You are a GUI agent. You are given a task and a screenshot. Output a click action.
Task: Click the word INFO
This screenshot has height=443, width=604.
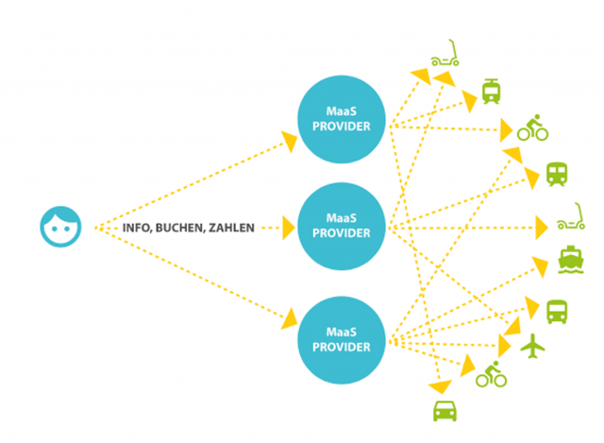[138, 228]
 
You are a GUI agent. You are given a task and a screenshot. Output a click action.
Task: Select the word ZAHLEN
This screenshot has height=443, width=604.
[231, 228]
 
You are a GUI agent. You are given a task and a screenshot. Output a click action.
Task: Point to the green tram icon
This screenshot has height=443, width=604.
[491, 91]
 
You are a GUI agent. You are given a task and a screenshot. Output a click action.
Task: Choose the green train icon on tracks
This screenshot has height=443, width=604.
[557, 174]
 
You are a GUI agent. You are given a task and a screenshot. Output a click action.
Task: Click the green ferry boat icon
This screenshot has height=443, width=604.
[570, 258]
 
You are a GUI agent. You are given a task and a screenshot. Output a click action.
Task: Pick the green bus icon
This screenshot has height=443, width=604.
[557, 310]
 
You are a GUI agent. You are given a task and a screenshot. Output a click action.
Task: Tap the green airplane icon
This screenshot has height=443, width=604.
[534, 347]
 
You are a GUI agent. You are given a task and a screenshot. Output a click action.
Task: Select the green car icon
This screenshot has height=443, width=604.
[445, 410]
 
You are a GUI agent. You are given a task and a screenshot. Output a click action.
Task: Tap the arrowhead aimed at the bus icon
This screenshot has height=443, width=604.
[529, 312]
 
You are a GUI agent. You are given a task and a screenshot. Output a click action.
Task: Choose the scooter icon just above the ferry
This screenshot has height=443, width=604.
[571, 220]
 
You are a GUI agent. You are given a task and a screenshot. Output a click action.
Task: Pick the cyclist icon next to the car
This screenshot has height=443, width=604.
[491, 375]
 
